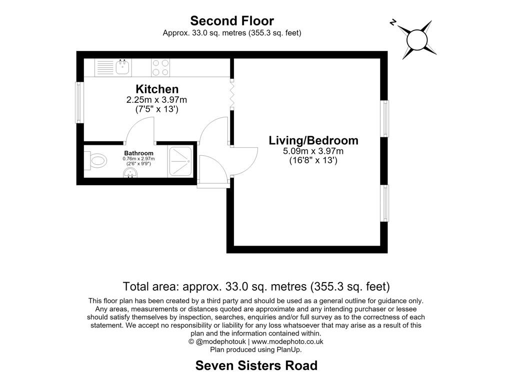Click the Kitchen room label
click(157, 89)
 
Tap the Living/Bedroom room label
click(313, 140)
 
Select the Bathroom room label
click(139, 153)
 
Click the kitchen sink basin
click(122, 67)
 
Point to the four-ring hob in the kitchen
click(160, 67)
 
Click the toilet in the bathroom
click(95, 161)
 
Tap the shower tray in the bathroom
click(180, 162)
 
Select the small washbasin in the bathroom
click(130, 174)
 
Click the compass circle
click(417, 40)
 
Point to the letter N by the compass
click(393, 22)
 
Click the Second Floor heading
click(232, 21)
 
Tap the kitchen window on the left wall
click(78, 102)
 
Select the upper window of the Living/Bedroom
click(385, 118)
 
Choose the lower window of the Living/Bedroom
click(385, 203)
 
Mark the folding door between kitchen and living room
click(231, 94)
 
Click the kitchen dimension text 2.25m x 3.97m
click(156, 99)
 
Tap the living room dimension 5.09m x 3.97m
click(313, 151)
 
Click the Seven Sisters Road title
click(256, 365)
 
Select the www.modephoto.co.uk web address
click(287, 342)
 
